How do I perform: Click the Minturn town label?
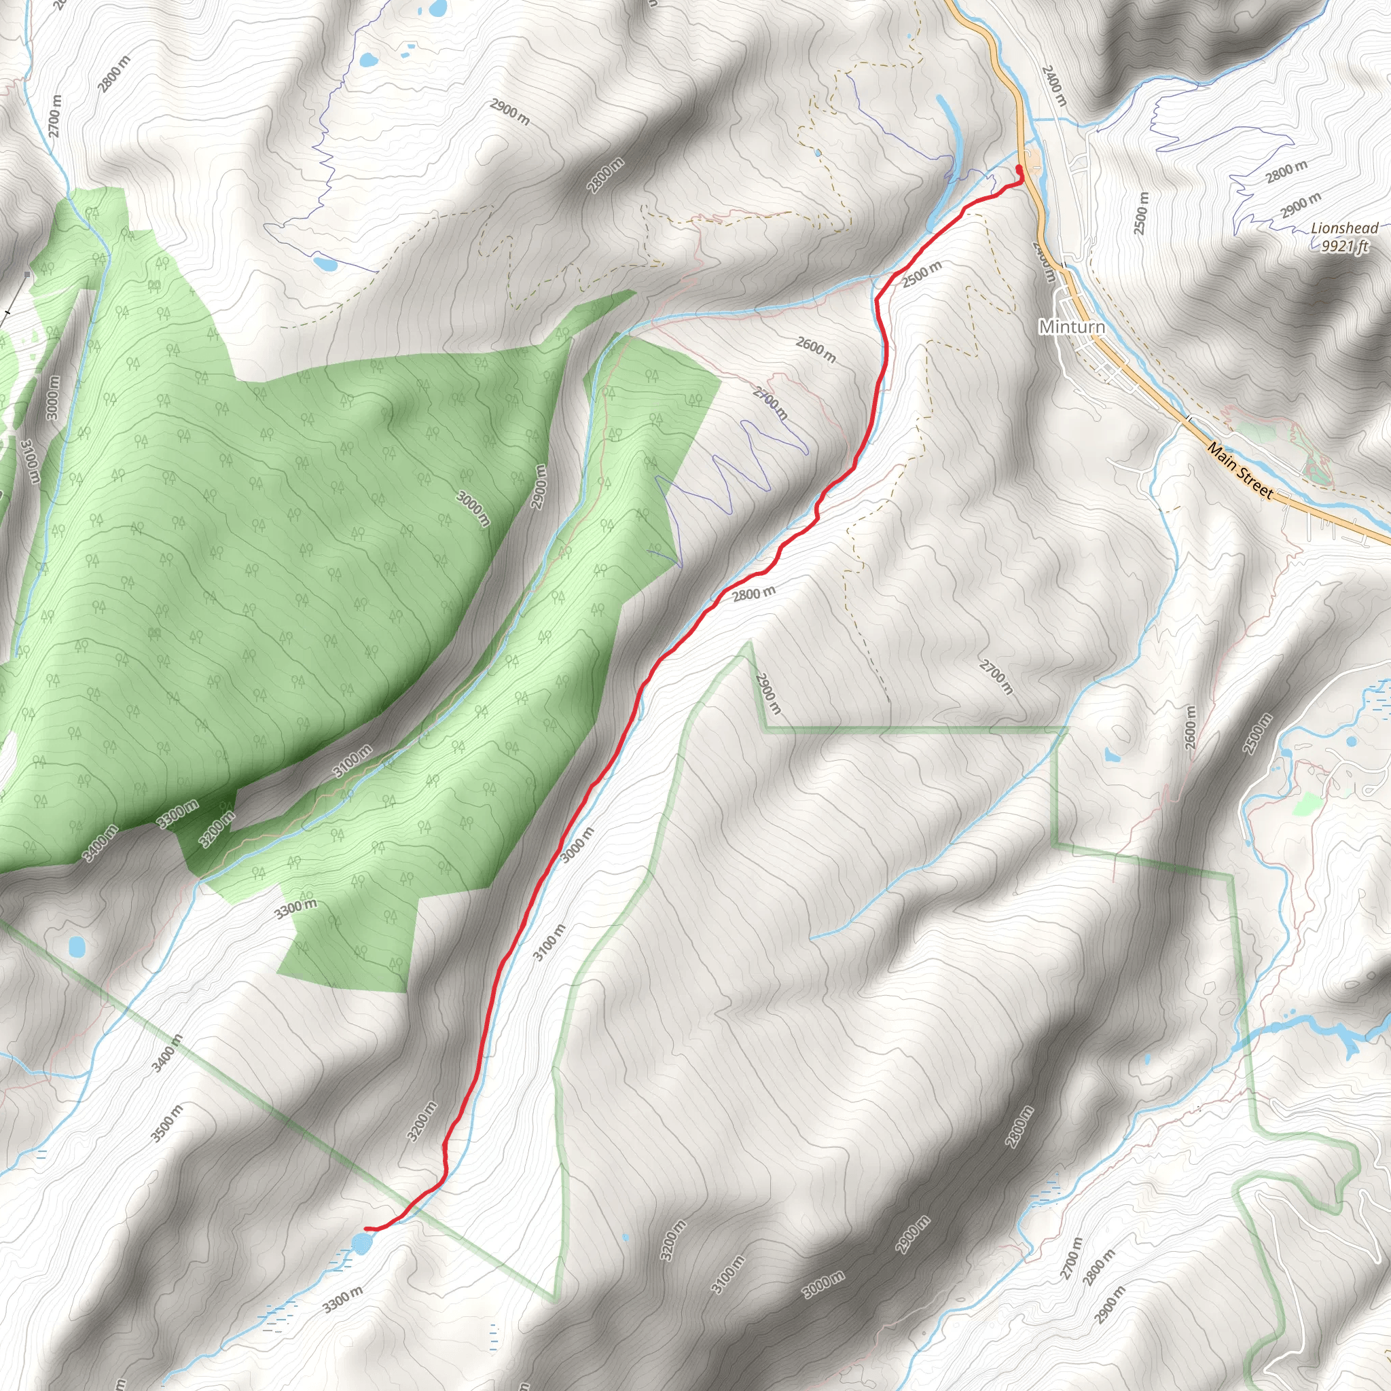pos(1071,327)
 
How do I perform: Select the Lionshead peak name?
pos(1344,228)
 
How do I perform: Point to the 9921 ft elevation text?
pos(1344,247)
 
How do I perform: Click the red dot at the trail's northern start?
pos(1019,168)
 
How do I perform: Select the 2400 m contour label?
pos(1053,86)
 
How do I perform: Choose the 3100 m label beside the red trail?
pos(549,943)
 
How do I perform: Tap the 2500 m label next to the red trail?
pos(922,274)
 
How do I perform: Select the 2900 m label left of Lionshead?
pos(1301,206)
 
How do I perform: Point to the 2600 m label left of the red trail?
pos(816,350)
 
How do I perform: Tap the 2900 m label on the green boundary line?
pos(768,693)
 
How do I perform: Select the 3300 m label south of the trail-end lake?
pos(343,1301)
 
